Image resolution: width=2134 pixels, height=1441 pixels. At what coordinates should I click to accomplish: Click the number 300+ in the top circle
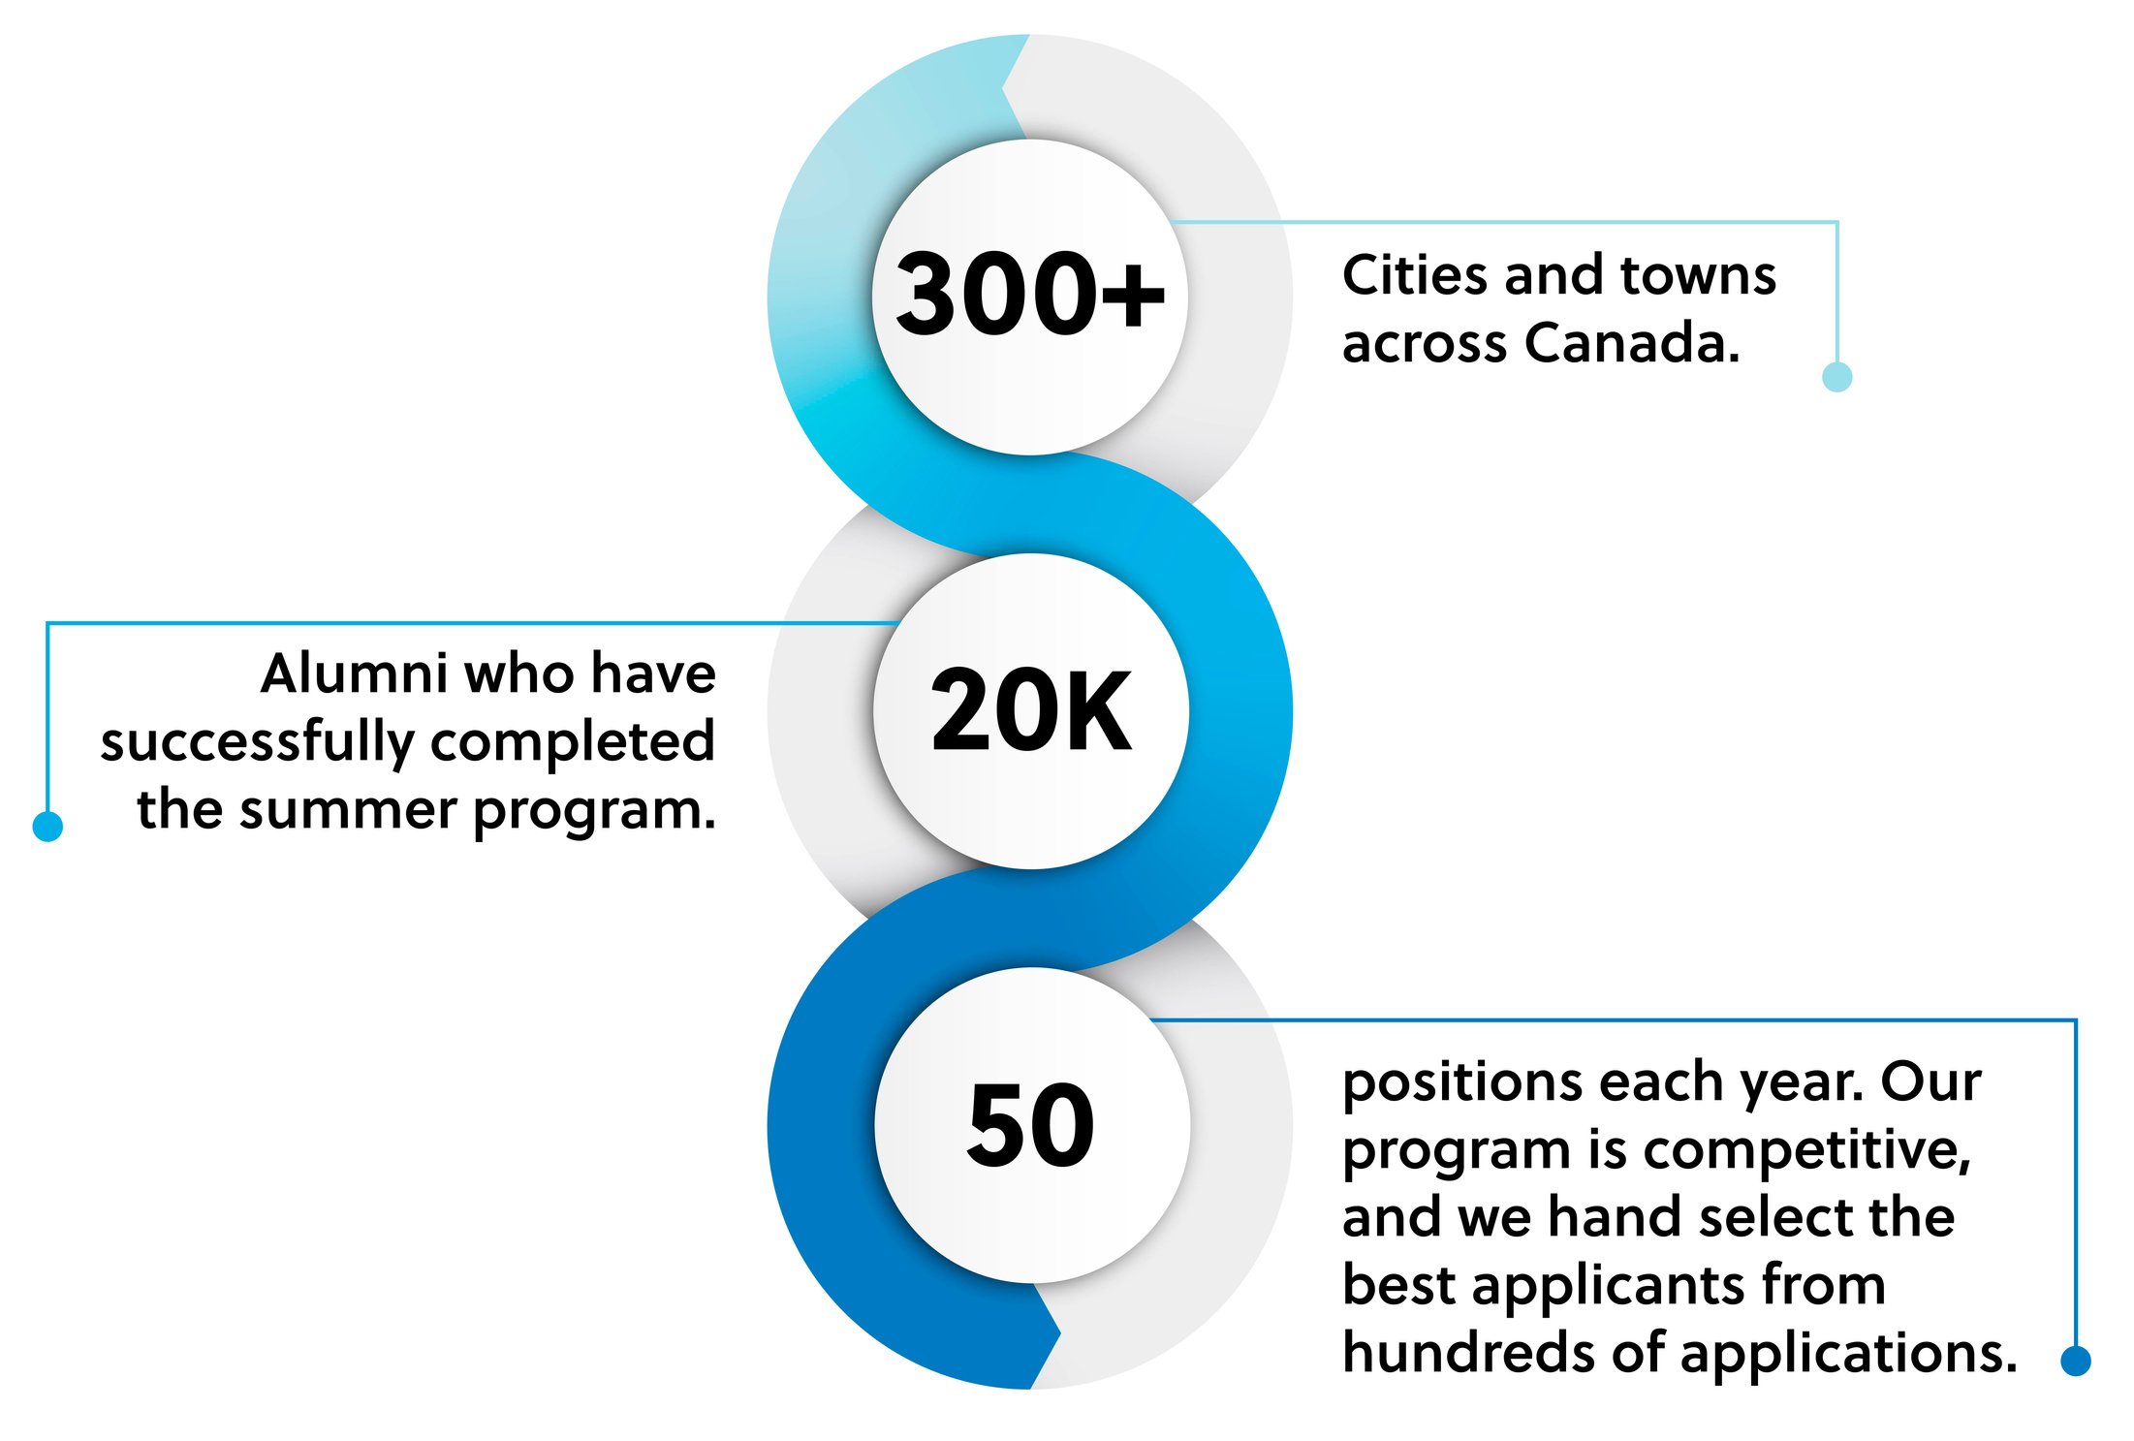pyautogui.click(x=1029, y=294)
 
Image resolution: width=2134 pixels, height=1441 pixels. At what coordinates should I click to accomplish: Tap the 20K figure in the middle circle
pyautogui.click(x=1030, y=710)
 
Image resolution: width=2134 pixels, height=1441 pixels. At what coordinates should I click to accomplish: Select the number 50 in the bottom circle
pyautogui.click(x=1031, y=1125)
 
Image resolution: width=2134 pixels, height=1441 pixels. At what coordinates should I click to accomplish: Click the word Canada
pyautogui.click(x=1632, y=343)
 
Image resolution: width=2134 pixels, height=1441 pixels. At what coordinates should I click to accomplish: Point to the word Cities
pyautogui.click(x=1415, y=275)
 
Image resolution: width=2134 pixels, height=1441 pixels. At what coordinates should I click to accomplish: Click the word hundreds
pyautogui.click(x=1469, y=1353)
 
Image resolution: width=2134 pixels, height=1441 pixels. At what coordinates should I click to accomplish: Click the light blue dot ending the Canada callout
pyautogui.click(x=1836, y=376)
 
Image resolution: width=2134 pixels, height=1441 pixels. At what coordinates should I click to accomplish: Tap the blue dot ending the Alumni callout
pyautogui.click(x=47, y=827)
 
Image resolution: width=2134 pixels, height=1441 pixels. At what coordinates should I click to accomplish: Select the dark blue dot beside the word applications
pyautogui.click(x=2075, y=1361)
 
